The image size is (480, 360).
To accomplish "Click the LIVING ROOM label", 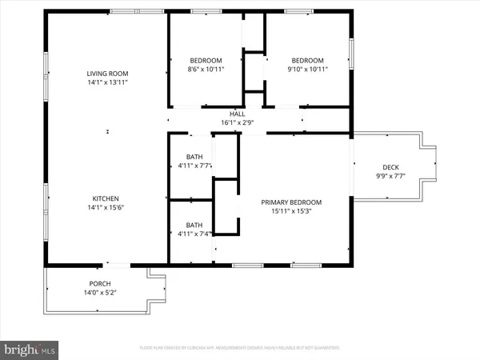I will coord(108,74).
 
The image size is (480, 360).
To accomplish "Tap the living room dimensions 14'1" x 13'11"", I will coord(108,82).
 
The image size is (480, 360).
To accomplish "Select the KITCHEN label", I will coord(106,198).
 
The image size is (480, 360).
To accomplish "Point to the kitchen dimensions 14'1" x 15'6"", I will coord(106,207).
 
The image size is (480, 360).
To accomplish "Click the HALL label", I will coord(237,114).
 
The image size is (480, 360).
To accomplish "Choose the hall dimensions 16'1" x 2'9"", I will coord(237,122).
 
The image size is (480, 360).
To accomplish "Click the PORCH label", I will coord(100,284).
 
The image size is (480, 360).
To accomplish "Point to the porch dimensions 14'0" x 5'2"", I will coord(100,293).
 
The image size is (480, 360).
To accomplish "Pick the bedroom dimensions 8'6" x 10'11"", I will coord(206,70).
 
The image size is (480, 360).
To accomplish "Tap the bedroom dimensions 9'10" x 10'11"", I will coord(307,70).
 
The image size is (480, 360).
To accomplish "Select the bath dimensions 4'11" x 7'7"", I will coord(194,166).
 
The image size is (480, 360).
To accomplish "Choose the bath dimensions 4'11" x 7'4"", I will coord(194,234).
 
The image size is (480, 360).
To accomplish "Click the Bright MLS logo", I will coord(30,349).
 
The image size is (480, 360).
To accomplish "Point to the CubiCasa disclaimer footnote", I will coord(240,348).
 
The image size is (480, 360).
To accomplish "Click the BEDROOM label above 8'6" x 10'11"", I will coord(206,61).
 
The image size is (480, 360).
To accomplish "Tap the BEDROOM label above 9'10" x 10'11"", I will coord(307,61).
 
